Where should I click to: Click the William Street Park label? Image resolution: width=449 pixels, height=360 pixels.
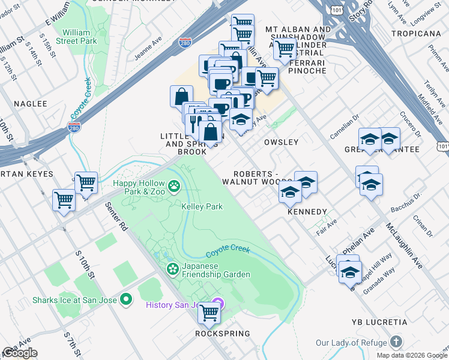tap(76, 36)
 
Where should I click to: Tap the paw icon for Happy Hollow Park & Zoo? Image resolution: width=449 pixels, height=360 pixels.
tap(174, 187)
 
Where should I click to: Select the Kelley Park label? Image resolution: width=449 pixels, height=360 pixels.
tap(202, 206)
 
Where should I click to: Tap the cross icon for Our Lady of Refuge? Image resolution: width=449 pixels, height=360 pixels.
tap(396, 343)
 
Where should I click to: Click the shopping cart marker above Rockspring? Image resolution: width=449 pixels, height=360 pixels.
tap(209, 312)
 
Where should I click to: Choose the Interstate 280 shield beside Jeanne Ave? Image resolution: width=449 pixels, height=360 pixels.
tap(185, 44)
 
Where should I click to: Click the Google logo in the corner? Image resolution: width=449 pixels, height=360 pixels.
tap(20, 353)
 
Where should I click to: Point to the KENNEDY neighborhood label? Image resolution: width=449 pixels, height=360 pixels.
tap(307, 212)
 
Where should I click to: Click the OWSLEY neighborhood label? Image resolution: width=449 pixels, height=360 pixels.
tap(281, 142)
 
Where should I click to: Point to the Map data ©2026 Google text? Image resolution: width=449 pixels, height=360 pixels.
tap(411, 355)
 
